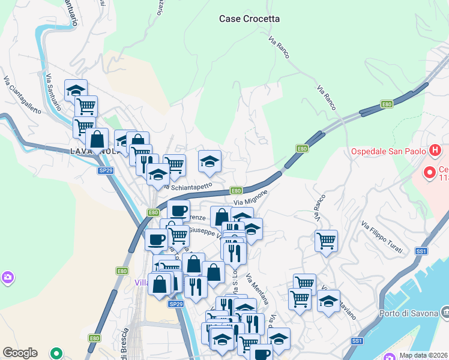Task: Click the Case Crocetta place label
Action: coord(249,19)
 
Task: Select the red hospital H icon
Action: coord(436,150)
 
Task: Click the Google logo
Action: coord(20,353)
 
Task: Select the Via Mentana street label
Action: coord(257,289)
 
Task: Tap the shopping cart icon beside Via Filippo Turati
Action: coord(326,241)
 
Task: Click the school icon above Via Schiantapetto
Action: coord(209,161)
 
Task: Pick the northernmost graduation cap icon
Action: coord(76,91)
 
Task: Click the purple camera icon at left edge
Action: coord(7,277)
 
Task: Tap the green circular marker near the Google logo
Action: coord(57,353)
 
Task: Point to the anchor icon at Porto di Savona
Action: coord(445,312)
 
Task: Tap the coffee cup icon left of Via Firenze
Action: coord(178,211)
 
